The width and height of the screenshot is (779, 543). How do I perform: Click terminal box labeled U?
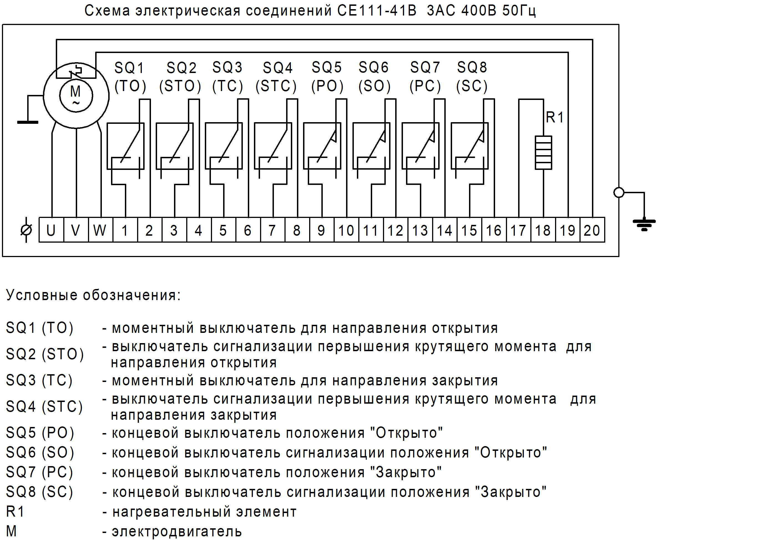(51, 230)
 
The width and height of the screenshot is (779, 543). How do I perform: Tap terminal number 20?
(592, 230)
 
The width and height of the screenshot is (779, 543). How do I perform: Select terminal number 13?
(420, 230)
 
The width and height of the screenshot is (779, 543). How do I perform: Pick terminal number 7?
(272, 230)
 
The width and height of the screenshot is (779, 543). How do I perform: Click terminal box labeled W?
(100, 230)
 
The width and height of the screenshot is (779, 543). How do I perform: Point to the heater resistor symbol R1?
(543, 152)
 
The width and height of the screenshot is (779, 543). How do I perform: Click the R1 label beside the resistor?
(555, 117)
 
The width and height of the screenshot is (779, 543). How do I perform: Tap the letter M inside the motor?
(75, 91)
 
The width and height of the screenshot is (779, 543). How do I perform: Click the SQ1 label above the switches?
(129, 68)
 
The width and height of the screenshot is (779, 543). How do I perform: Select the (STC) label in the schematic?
(276, 86)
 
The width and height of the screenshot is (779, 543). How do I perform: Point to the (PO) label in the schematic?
(327, 86)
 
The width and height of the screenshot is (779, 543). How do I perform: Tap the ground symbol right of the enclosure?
(644, 224)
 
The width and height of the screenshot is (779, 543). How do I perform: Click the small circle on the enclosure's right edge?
(619, 192)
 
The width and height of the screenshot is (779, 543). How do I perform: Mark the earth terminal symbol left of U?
(26, 230)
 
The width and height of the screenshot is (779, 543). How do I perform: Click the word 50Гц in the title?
(519, 11)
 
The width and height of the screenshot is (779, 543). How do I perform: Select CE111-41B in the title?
(377, 11)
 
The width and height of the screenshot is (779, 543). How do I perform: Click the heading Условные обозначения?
(93, 295)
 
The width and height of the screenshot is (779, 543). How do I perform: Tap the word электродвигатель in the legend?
(177, 531)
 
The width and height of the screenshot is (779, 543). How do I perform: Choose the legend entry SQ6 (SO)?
(40, 452)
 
